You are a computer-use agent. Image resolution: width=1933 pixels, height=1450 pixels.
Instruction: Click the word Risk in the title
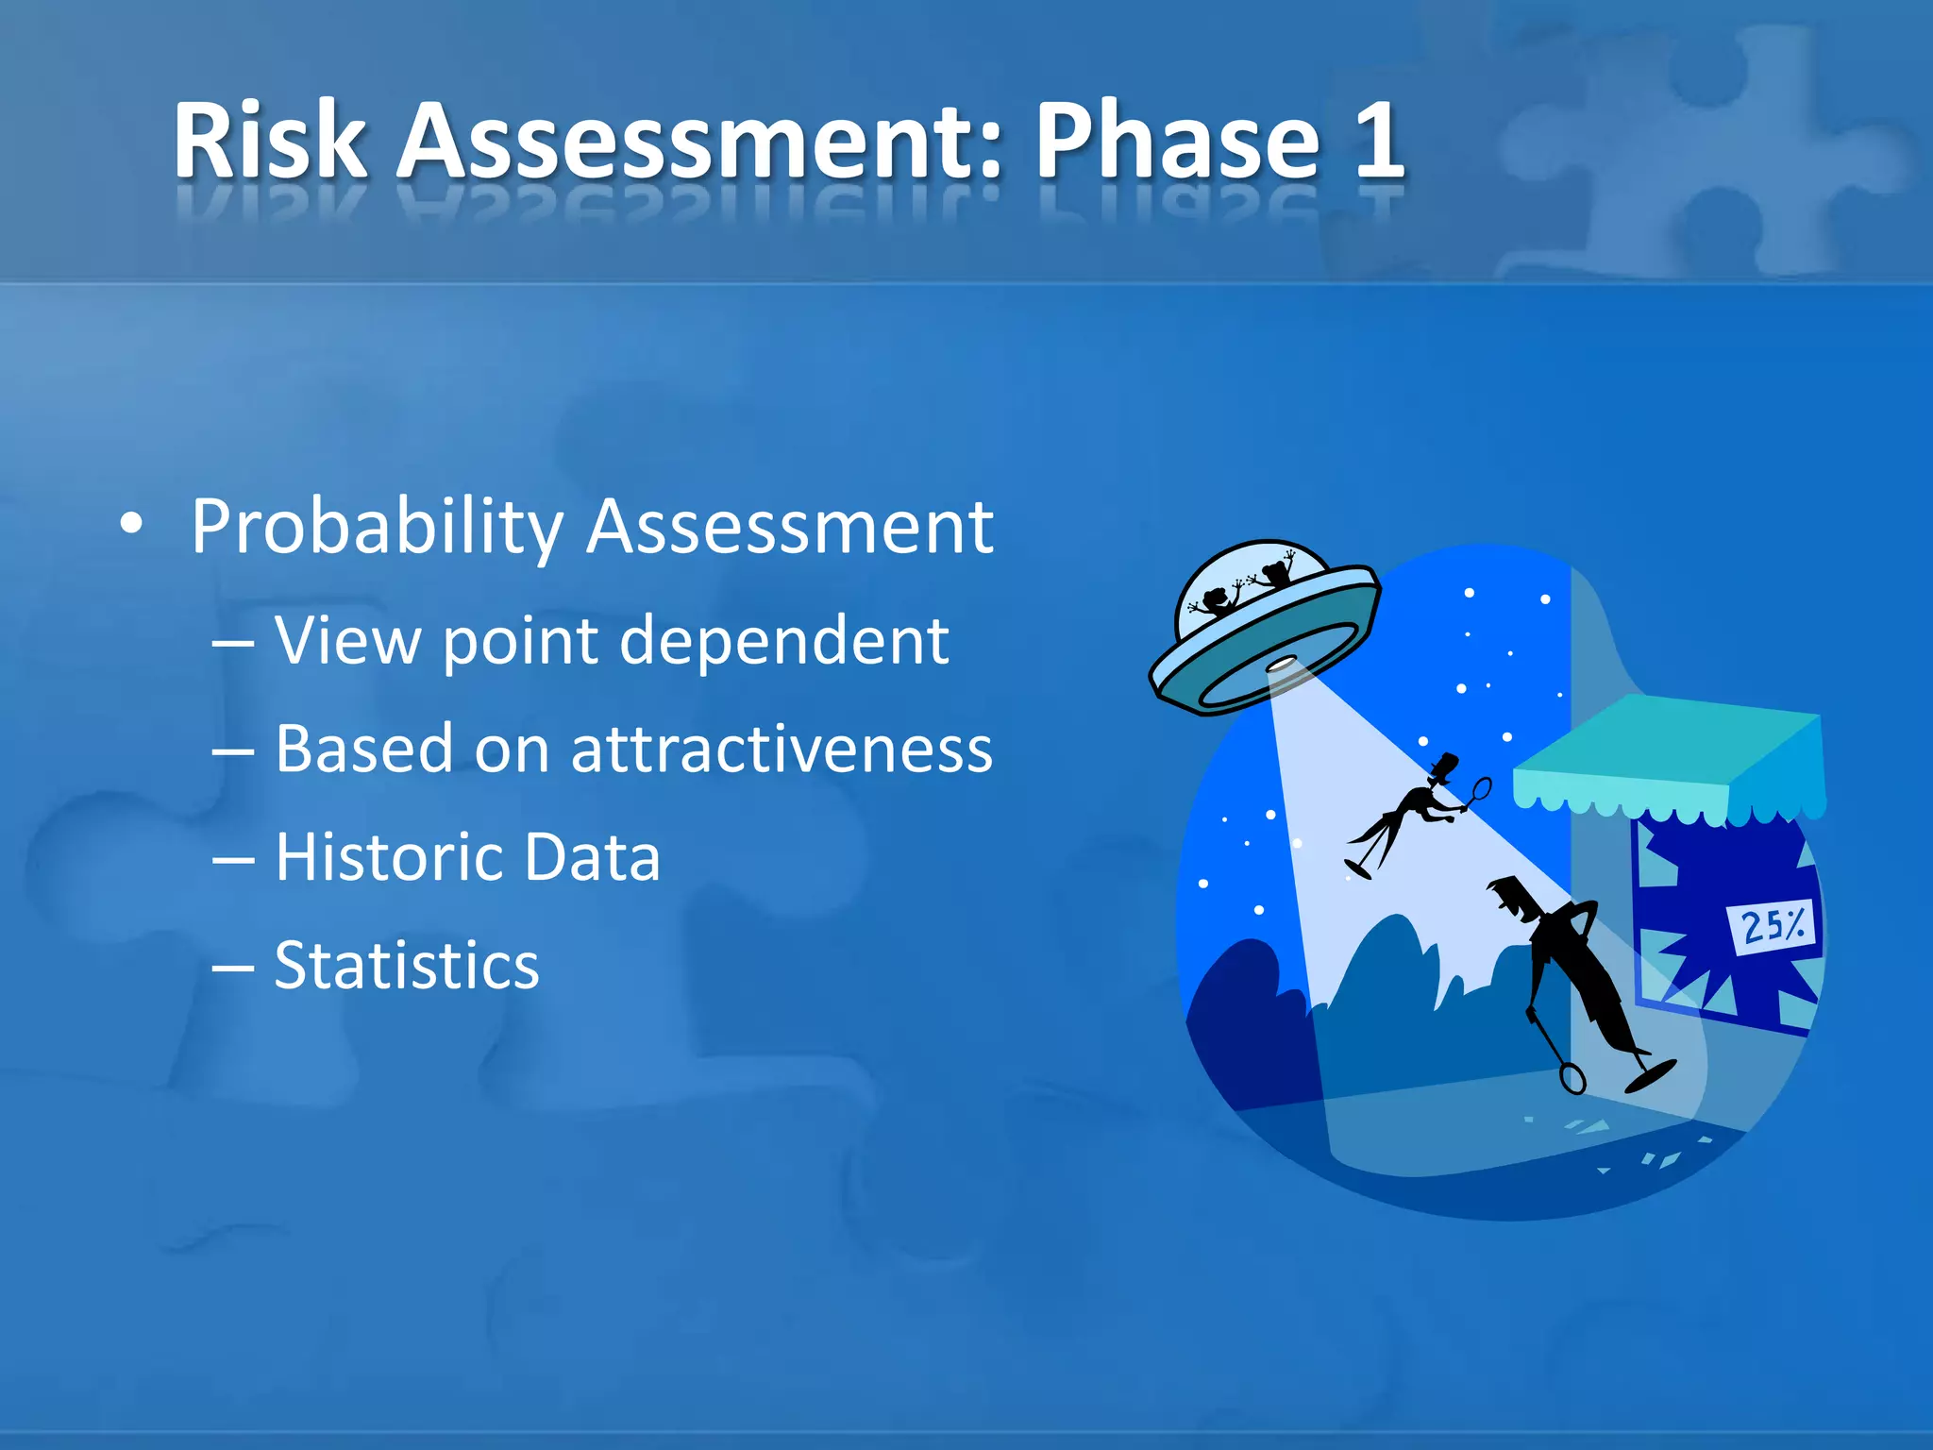coord(270,142)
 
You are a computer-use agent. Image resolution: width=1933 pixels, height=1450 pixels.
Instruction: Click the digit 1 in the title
coord(1379,142)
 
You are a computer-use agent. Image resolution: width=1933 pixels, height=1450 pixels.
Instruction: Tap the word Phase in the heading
coord(1177,142)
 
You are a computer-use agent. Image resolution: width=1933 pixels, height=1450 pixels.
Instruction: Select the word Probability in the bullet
coord(377,527)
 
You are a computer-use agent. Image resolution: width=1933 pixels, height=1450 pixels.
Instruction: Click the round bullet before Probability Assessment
coord(132,525)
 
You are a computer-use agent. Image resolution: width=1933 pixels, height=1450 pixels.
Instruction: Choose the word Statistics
coord(407,966)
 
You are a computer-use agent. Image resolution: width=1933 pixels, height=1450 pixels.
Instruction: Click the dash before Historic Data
coord(233,859)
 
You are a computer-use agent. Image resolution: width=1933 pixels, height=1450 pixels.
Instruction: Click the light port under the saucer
coord(1281,665)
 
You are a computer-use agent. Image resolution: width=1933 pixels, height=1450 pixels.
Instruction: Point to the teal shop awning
coord(1661,755)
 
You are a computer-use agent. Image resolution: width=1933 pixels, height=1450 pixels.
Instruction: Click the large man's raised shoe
coord(1652,1074)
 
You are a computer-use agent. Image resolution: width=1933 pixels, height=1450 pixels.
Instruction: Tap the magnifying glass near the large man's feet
coord(1572,1077)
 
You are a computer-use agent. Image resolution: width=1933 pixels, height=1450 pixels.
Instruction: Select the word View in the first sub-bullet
coord(348,641)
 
